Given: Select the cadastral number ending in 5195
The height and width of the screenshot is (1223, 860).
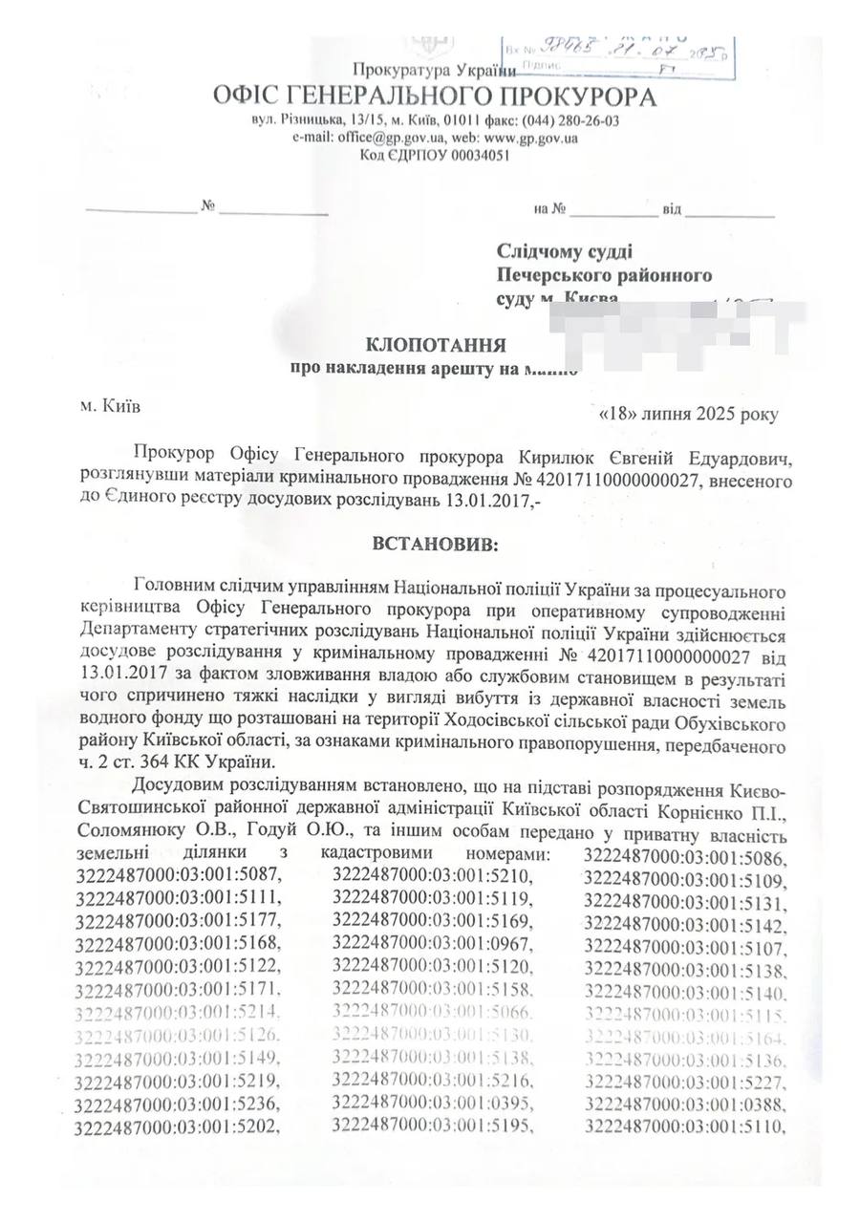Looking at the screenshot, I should click(x=431, y=1125).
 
